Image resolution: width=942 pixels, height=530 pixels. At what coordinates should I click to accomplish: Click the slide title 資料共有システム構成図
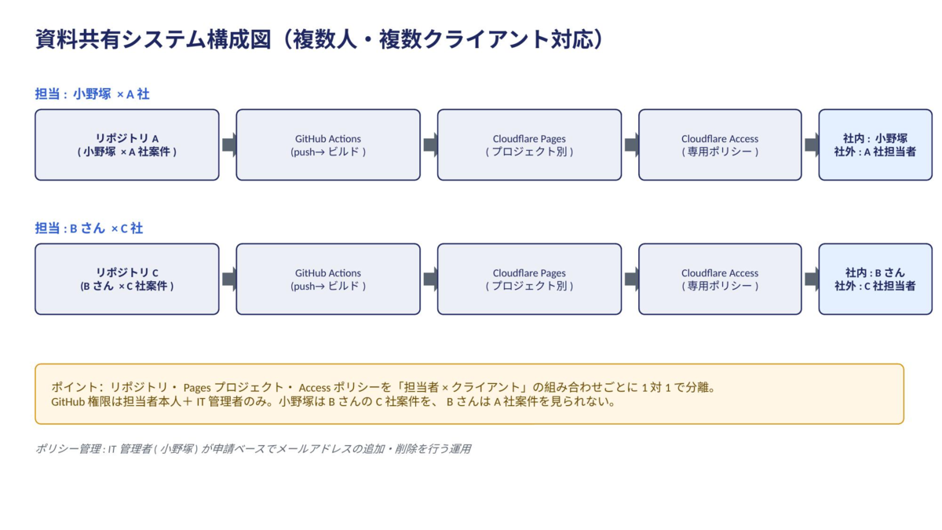(153, 39)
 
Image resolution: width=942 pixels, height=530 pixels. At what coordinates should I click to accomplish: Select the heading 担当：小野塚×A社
(92, 93)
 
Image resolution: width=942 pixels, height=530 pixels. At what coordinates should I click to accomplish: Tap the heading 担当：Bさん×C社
(89, 228)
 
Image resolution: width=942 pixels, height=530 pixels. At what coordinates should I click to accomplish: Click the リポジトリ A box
(127, 144)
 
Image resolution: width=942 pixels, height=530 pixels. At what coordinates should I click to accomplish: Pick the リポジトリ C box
(127, 279)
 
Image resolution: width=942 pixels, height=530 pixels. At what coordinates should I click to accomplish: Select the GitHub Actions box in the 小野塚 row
(328, 144)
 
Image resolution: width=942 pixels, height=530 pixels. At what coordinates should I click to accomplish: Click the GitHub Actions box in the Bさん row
(328, 279)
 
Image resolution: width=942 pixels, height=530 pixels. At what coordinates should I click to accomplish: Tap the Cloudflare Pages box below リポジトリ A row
(529, 279)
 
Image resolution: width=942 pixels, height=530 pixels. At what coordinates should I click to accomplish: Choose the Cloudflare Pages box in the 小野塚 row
(529, 144)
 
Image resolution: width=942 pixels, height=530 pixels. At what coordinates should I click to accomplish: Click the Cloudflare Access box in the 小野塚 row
(720, 144)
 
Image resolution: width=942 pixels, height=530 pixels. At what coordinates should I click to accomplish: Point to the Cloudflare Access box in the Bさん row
(720, 279)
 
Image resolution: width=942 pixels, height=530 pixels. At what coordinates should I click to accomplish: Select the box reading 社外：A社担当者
(875, 144)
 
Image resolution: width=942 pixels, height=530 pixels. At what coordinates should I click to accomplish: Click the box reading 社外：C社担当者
(875, 279)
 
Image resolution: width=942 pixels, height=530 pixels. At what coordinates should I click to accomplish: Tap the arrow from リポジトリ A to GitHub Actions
(229, 144)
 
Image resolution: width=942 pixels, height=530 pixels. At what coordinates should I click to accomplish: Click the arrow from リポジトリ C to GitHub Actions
(229, 279)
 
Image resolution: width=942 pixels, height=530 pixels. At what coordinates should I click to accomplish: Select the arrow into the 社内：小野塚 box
(812, 144)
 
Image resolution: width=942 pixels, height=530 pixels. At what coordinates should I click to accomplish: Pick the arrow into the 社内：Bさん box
(812, 279)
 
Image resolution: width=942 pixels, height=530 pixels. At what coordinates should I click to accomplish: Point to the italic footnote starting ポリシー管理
(253, 449)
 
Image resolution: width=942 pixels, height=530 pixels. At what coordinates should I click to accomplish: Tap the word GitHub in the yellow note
(68, 402)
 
